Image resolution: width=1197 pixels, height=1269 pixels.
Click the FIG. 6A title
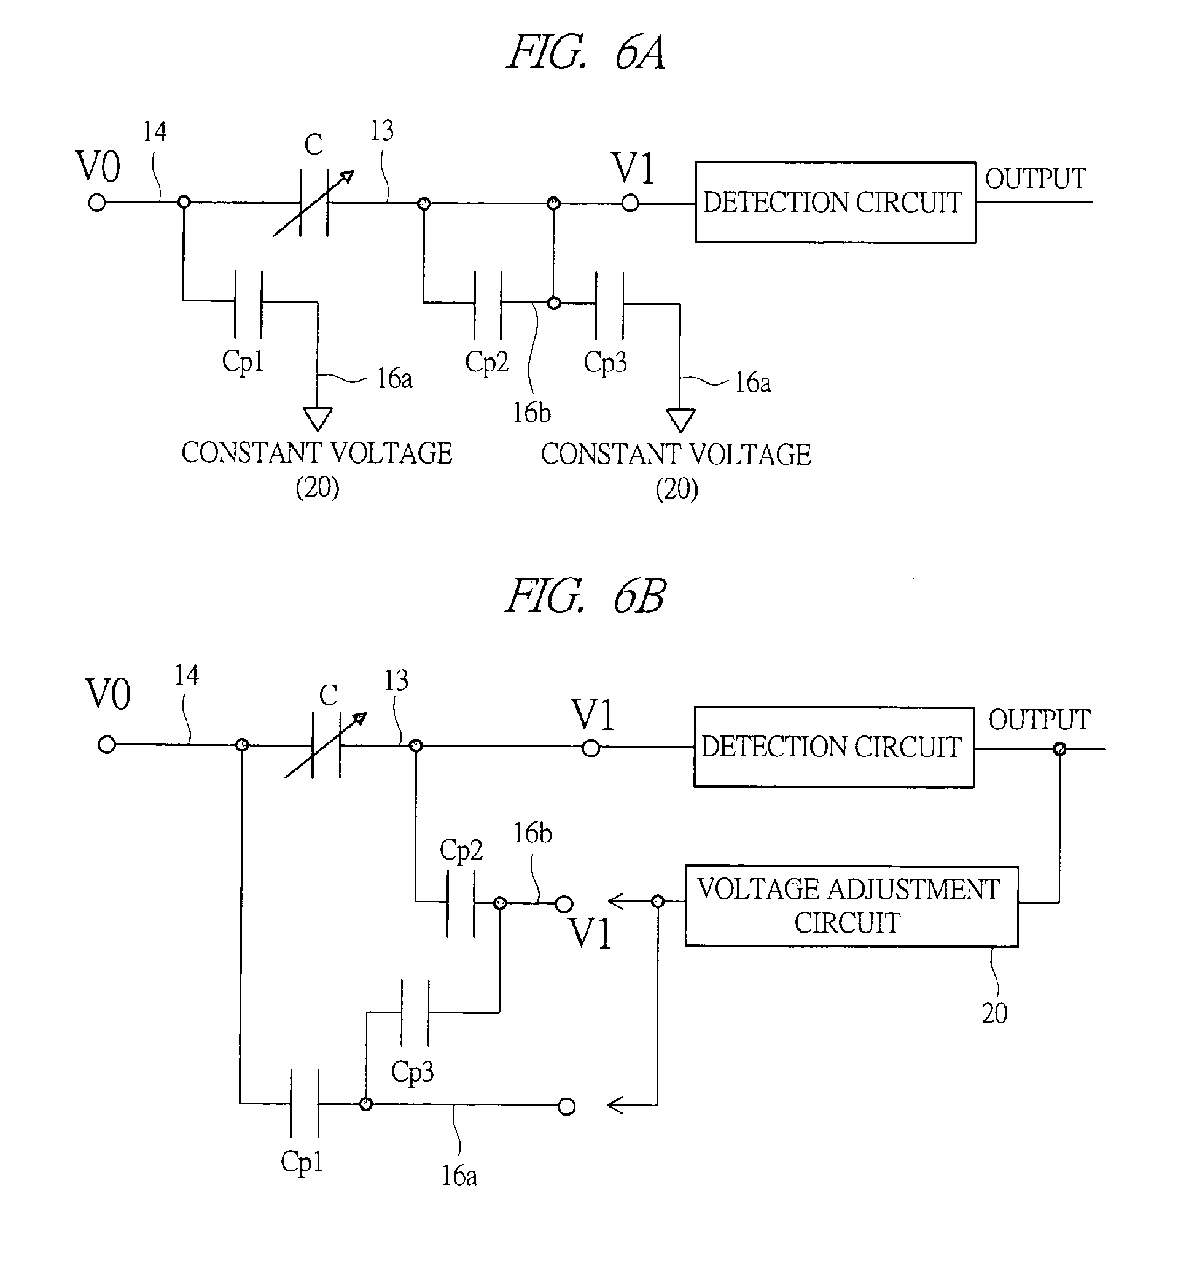(585, 53)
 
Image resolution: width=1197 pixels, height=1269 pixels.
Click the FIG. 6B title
(585, 596)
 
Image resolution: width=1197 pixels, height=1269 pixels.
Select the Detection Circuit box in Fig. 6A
(835, 203)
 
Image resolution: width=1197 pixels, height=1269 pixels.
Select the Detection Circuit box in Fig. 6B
(833, 747)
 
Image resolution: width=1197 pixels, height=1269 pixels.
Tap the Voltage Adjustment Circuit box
(851, 906)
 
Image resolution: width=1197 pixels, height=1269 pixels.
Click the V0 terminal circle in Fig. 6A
(97, 203)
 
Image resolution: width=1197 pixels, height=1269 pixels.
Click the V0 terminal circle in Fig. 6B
(107, 744)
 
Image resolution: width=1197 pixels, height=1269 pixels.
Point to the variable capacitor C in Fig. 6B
(326, 745)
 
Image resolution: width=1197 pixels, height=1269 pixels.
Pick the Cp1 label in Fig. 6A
(243, 361)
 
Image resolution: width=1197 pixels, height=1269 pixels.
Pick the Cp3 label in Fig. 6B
(411, 1071)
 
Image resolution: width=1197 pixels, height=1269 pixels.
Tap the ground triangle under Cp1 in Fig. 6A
(318, 419)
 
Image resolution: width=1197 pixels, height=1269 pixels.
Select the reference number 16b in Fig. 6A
(531, 413)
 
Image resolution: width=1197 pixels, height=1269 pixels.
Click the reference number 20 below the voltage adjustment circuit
(994, 1013)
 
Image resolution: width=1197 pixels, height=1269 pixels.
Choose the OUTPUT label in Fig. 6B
(1039, 720)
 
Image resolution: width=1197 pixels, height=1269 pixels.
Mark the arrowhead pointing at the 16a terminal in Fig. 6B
(614, 1105)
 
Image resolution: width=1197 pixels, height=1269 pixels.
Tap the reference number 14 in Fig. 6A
(155, 132)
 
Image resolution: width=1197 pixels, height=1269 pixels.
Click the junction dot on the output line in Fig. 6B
(1059, 749)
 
